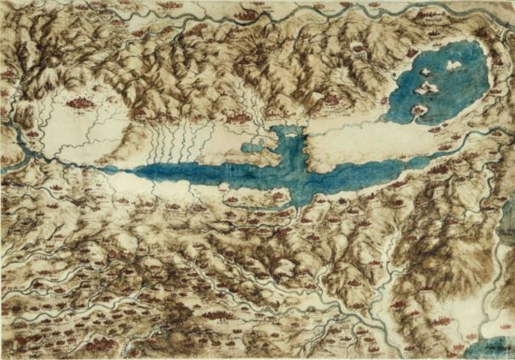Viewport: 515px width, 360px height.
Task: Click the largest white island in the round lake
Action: [x=426, y=86]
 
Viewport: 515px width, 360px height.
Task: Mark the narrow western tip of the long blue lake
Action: [x=119, y=168]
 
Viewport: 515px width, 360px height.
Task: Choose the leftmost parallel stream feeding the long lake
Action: [x=152, y=145]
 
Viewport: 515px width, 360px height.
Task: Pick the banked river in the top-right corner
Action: [x=494, y=17]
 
